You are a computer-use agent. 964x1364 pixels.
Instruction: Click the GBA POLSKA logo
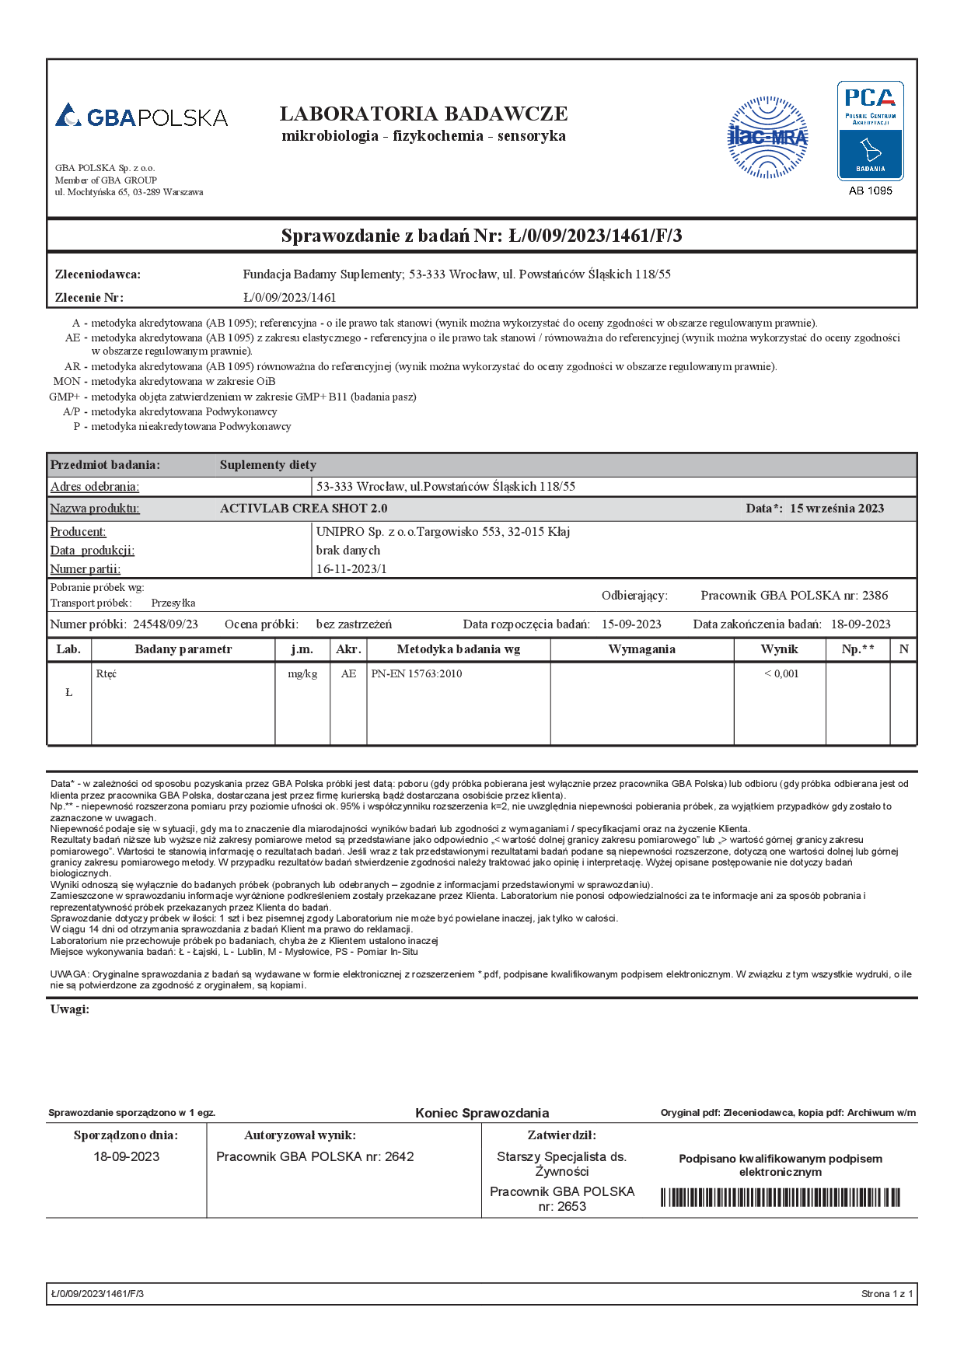[x=141, y=117]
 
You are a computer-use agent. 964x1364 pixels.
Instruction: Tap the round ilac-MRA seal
[x=767, y=138]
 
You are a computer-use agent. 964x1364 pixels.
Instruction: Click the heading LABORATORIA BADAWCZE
[x=424, y=114]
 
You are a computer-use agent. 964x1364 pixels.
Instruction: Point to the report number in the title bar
[x=596, y=236]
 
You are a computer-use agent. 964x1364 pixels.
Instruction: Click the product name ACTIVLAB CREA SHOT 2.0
[x=303, y=509]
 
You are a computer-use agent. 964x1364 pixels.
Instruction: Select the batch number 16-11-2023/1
[x=351, y=568]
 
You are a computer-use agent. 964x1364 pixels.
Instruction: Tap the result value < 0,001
[x=781, y=673]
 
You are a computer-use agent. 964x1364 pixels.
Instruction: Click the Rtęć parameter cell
[x=107, y=673]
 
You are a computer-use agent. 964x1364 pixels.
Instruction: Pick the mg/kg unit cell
[x=302, y=673]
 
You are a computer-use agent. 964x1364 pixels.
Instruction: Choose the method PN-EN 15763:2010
[x=417, y=673]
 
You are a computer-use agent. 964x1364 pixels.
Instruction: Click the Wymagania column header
[x=641, y=649]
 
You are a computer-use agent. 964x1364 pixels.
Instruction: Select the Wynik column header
[x=779, y=649]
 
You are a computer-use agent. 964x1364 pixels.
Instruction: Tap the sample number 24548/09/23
[x=166, y=624]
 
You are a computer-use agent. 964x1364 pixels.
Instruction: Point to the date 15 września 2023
[x=837, y=509]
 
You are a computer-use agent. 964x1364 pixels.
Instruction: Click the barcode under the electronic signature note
[x=780, y=1198]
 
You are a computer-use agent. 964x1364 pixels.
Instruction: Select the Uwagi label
[x=70, y=1009]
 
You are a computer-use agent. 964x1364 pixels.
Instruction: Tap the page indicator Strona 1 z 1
[x=887, y=1294]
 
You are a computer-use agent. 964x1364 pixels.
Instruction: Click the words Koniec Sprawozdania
[x=482, y=1113]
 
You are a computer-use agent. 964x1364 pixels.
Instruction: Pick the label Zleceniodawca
[x=98, y=275]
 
